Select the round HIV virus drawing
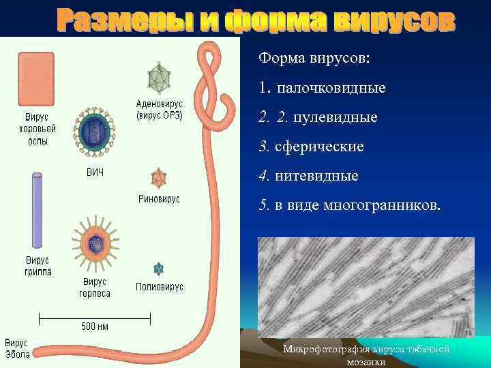94,129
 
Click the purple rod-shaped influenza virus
38,209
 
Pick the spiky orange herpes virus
95,242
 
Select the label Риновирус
159,199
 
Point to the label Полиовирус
159,287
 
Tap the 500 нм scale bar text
95,326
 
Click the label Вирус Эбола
16,348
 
